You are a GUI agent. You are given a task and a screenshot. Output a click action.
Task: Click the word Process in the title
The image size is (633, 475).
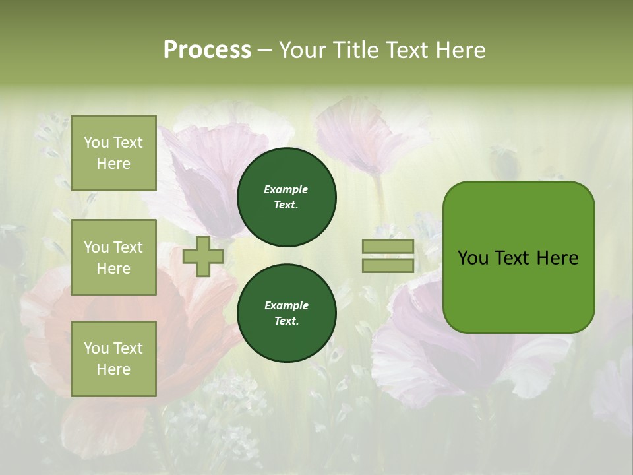(x=207, y=49)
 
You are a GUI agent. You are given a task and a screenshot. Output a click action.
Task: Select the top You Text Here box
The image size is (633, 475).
(x=113, y=153)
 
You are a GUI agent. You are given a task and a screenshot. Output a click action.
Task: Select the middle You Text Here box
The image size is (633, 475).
(x=113, y=257)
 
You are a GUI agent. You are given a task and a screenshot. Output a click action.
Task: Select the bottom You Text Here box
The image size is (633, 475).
(x=113, y=359)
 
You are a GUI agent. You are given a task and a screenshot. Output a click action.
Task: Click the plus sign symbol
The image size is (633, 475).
(x=203, y=257)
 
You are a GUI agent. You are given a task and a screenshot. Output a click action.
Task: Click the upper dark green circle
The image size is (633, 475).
(x=287, y=197)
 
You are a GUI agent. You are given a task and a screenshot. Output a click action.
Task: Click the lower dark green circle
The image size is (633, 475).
(x=287, y=313)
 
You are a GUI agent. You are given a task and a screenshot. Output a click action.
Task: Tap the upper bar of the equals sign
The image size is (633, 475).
(x=388, y=247)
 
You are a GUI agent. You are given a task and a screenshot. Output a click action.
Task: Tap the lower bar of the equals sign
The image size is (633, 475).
(x=388, y=266)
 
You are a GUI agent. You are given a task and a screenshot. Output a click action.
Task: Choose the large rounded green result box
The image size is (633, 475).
(x=518, y=257)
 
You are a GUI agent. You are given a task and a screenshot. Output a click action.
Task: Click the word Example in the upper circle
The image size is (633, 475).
(x=286, y=189)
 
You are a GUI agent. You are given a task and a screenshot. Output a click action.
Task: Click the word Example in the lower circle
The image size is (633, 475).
(x=286, y=305)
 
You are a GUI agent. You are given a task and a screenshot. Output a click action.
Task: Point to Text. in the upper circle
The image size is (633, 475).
(x=286, y=205)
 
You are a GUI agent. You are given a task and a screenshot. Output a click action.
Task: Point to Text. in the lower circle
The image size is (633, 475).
(x=286, y=321)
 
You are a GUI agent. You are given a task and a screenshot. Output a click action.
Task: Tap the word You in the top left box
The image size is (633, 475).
(x=96, y=142)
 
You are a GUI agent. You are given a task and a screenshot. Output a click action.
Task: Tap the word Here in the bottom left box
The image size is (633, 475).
(x=113, y=369)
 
